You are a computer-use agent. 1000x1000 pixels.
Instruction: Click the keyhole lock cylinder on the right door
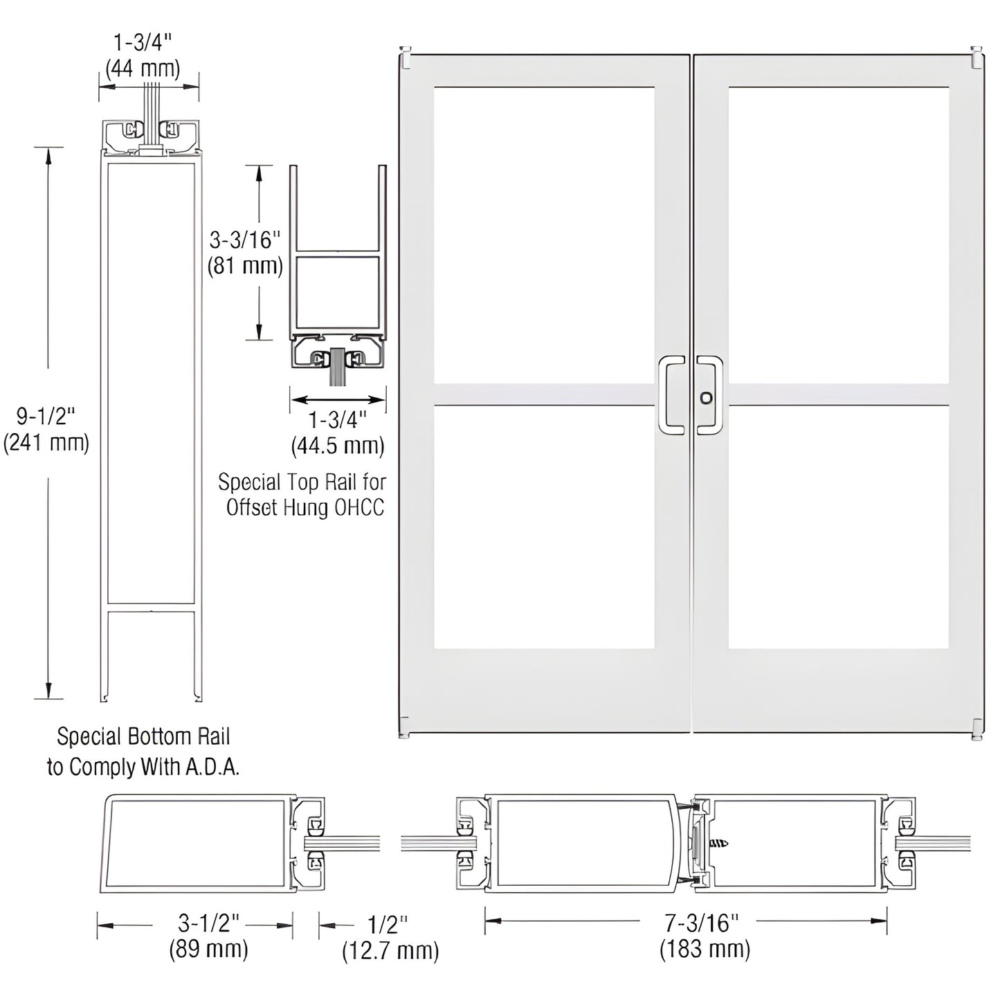[706, 398]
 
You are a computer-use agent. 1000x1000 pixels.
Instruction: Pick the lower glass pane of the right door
[838, 527]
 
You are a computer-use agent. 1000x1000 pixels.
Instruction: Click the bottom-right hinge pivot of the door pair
[976, 729]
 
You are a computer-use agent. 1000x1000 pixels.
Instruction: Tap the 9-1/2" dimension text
[46, 417]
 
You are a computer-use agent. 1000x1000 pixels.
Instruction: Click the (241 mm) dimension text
[46, 443]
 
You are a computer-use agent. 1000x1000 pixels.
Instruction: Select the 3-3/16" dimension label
[246, 240]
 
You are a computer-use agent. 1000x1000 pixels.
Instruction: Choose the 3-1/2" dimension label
[208, 922]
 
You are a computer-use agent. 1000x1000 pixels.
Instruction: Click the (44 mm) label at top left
[143, 69]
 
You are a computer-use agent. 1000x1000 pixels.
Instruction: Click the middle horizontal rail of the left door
[544, 394]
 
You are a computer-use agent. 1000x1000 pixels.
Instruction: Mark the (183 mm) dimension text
[704, 949]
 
